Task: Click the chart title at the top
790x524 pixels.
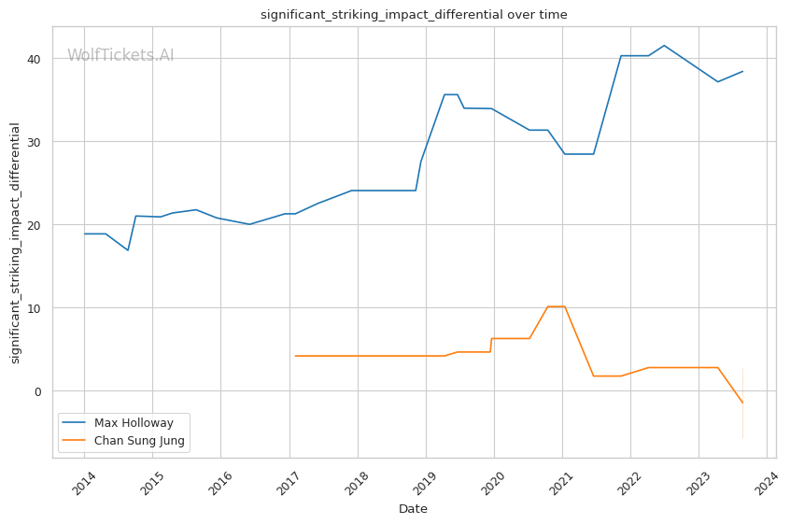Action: coord(413,15)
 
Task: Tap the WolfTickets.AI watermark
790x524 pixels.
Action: coord(120,56)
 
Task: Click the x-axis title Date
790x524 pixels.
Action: coord(413,509)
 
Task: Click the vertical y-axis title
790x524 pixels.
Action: coord(15,243)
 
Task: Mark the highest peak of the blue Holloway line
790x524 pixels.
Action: coord(664,45)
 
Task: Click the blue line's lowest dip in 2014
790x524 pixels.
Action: coord(128,250)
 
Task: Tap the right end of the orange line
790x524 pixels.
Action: coord(742,404)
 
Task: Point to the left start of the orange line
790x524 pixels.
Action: coord(295,356)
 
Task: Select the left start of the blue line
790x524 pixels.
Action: coord(85,234)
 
